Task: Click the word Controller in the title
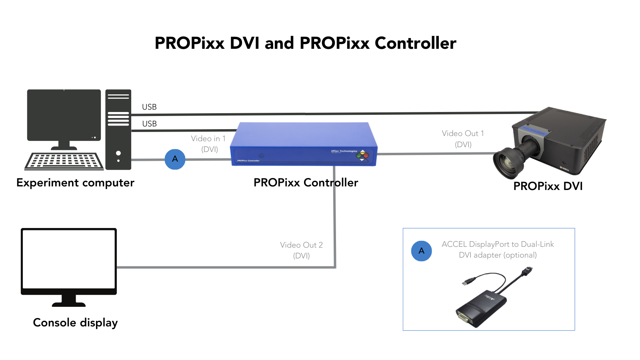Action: click(x=415, y=43)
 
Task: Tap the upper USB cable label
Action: click(x=149, y=107)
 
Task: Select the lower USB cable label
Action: click(x=149, y=124)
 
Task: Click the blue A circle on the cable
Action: click(x=175, y=159)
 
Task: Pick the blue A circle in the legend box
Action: click(x=421, y=251)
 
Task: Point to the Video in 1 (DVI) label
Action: click(x=209, y=144)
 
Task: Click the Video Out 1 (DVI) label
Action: click(x=463, y=139)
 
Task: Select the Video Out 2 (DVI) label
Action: click(x=301, y=250)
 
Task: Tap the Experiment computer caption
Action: click(x=75, y=183)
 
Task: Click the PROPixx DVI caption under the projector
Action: click(x=548, y=186)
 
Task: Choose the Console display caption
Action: click(x=75, y=322)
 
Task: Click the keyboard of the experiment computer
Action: click(x=64, y=161)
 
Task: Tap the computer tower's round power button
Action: click(x=118, y=153)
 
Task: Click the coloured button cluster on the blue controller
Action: click(x=362, y=156)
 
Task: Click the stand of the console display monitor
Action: click(x=69, y=301)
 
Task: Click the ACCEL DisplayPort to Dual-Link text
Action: click(x=498, y=244)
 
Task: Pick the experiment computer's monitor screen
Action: click(x=64, y=114)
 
